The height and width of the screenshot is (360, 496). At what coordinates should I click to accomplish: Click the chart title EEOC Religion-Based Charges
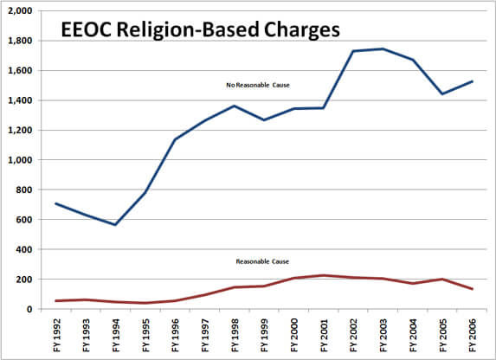(199, 30)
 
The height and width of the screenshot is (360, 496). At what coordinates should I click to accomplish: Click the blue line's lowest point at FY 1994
(114, 225)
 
